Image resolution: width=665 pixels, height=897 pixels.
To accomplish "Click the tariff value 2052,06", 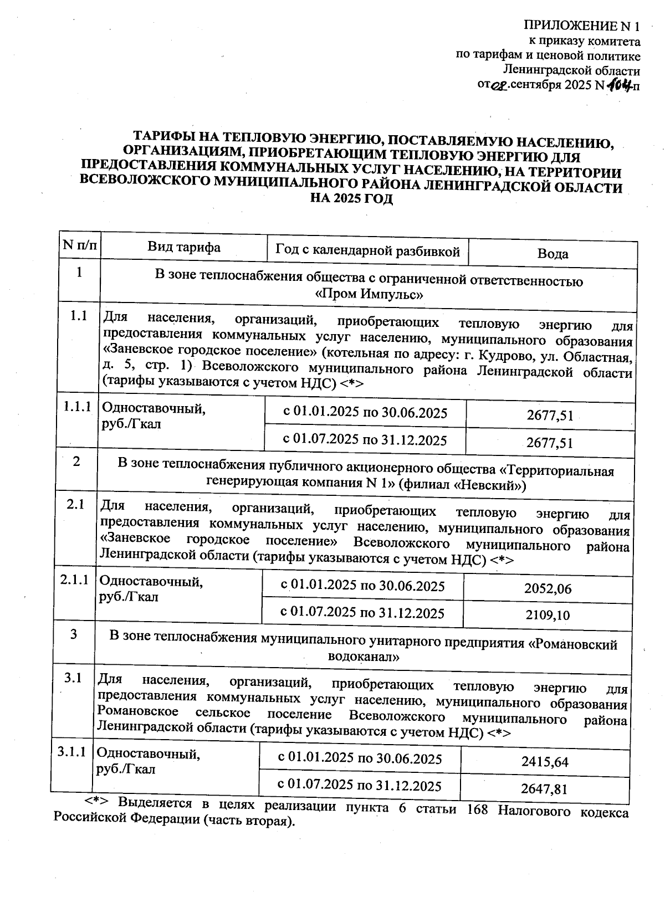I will [548, 589].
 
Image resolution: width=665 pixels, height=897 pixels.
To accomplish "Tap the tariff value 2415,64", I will [545, 762].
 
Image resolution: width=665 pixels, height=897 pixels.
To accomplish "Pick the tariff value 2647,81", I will [544, 788].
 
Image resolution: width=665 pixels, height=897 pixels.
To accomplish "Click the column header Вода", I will [553, 254].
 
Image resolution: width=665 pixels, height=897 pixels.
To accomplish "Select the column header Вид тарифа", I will [183, 247].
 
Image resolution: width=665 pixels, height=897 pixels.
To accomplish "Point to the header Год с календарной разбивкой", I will [368, 251].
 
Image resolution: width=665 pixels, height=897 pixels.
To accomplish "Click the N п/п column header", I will [79, 245].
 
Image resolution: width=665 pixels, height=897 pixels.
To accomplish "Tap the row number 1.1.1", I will [77, 407].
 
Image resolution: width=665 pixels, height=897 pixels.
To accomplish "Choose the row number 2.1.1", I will [75, 580].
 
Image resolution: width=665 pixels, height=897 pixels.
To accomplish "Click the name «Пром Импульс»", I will [369, 294].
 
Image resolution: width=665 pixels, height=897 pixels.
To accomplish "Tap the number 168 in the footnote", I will [478, 809].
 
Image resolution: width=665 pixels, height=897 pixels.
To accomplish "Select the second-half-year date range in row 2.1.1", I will [362, 612].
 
